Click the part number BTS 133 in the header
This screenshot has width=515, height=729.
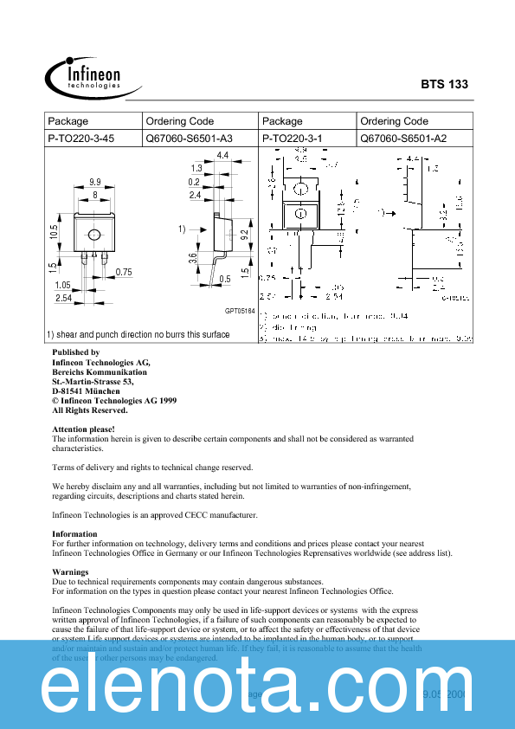(444, 84)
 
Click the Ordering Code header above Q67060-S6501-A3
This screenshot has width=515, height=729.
(180, 121)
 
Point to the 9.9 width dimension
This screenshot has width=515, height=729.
(94, 183)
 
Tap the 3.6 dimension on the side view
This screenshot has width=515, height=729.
(194, 258)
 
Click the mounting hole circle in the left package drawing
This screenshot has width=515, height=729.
(94, 234)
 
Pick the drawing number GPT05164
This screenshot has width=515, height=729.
(240, 311)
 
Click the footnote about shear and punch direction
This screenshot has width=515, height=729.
(138, 334)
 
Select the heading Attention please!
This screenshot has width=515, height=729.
(83, 429)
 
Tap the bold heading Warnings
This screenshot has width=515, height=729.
(70, 572)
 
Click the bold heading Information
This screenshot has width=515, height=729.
(75, 534)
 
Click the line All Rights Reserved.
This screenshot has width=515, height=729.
(90, 410)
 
